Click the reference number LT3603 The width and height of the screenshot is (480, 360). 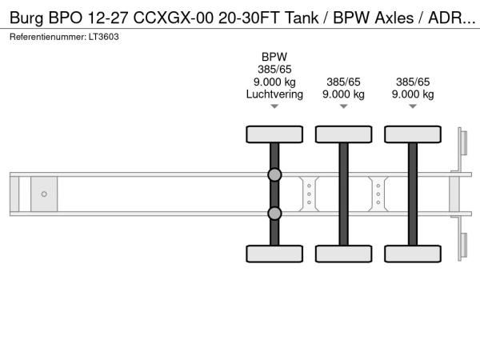tap(103, 37)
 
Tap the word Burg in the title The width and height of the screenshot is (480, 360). tap(26, 18)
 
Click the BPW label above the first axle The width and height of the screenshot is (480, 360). tap(274, 57)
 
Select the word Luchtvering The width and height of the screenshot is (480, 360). tap(274, 94)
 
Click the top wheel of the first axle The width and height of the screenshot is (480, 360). tap(274, 134)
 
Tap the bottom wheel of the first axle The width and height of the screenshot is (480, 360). tap(274, 254)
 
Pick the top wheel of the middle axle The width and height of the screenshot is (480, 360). tap(344, 134)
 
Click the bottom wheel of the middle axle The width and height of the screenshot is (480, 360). tap(344, 254)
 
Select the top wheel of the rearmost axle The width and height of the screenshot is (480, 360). tap(413, 134)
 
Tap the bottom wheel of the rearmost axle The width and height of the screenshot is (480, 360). tap(413, 254)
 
